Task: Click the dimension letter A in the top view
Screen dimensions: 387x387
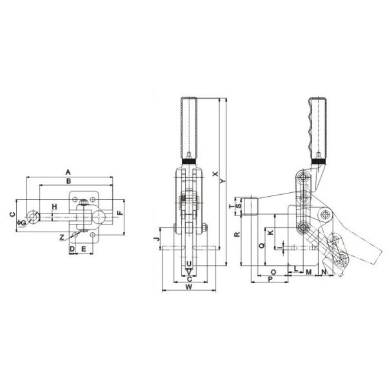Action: click(x=67, y=172)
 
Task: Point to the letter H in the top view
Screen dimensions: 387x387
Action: click(x=55, y=206)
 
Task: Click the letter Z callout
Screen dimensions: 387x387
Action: click(x=61, y=237)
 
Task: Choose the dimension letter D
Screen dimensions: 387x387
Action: click(x=72, y=248)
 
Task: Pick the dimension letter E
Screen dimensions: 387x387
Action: click(x=84, y=248)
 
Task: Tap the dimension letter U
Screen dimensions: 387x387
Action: click(x=188, y=264)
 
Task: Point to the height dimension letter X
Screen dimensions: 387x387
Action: click(x=215, y=173)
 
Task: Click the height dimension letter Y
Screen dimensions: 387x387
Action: click(x=224, y=182)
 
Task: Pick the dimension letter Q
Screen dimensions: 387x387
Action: click(x=261, y=245)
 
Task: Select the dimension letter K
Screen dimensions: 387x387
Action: click(x=271, y=231)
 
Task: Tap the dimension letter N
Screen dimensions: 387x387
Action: click(x=323, y=272)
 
